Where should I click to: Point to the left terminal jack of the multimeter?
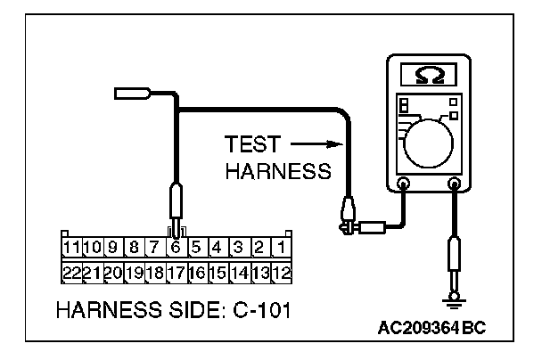[x=403, y=185]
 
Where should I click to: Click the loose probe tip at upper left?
[x=131, y=92]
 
